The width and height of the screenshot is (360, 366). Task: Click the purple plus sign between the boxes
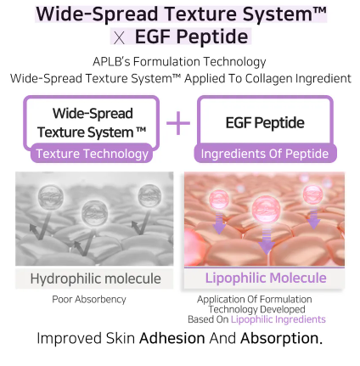click(x=178, y=124)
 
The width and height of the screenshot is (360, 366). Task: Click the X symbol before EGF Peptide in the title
click(x=119, y=37)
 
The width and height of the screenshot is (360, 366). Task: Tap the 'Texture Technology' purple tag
click(x=92, y=154)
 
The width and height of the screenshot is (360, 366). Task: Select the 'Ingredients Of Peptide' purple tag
click(x=264, y=154)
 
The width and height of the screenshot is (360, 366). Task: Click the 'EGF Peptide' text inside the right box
click(x=264, y=123)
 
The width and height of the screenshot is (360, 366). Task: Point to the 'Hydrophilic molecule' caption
click(x=95, y=279)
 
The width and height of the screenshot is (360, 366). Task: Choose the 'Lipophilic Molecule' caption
click(x=265, y=278)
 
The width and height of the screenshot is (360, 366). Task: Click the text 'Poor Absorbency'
click(x=89, y=299)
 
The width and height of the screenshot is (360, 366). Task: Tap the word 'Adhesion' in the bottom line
click(x=172, y=338)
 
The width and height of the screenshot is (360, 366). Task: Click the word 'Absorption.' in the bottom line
click(x=282, y=338)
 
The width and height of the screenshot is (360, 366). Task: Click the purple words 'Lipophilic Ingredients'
click(x=278, y=319)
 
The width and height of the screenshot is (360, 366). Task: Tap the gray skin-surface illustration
click(x=94, y=218)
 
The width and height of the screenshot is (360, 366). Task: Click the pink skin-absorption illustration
click(x=264, y=218)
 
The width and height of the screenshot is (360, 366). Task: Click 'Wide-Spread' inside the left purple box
click(x=92, y=114)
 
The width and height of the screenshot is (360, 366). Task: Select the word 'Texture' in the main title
click(x=194, y=14)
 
